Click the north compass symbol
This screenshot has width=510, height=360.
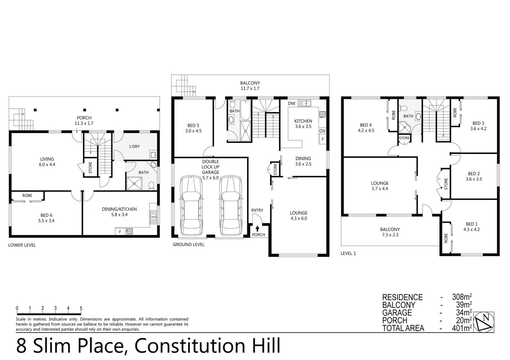tap(484, 322)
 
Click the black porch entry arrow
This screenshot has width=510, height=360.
tap(258, 229)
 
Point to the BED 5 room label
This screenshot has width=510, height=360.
tap(193, 126)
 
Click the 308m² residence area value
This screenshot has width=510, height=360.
tap(462, 297)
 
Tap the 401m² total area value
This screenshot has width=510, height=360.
tap(462, 328)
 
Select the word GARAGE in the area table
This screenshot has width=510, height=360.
tap(397, 313)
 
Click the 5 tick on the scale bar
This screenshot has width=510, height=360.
tap(81, 308)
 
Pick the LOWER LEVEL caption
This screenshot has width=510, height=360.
tap(22, 245)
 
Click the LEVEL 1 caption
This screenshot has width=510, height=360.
tap(348, 253)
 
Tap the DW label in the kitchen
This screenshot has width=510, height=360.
tap(291, 104)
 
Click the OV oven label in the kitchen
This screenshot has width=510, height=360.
tap(322, 131)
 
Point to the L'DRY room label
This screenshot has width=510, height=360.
tap(134, 146)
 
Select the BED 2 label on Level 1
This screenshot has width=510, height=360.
tap(474, 174)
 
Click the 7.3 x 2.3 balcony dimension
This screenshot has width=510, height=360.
tap(390, 235)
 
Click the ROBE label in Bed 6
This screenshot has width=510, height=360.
tap(27, 196)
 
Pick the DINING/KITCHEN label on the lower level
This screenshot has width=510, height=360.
tap(119, 209)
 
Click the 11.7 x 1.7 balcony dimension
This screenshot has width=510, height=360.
tap(250, 89)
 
